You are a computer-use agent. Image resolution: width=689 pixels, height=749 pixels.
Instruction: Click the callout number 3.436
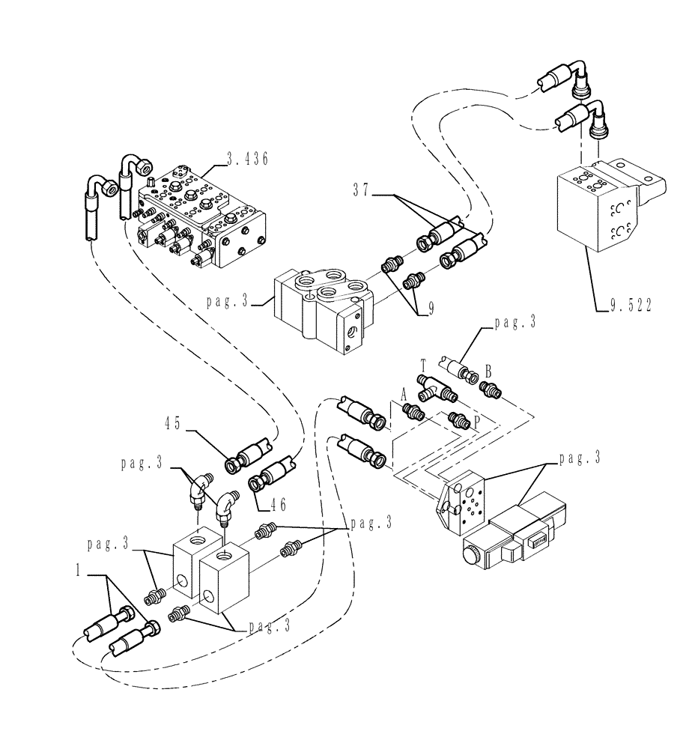247,158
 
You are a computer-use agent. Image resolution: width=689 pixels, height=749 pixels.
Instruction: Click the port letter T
423,365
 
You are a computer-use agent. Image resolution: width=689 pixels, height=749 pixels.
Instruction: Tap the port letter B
488,369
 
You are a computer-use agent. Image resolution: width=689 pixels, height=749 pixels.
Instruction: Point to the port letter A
403,393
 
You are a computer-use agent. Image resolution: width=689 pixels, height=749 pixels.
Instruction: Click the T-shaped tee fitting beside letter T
437,388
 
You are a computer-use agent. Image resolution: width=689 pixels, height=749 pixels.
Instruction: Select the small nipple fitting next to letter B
490,389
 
